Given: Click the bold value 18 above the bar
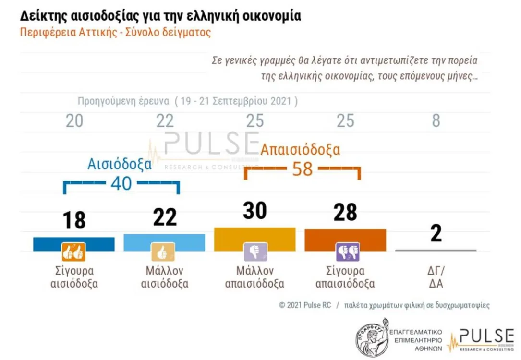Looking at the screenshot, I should (74, 220).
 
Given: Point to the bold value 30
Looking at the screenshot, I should (254, 211).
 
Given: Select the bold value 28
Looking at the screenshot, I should (345, 212).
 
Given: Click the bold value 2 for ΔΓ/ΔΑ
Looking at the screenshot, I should (436, 234).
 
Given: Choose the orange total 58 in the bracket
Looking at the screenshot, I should (303, 169).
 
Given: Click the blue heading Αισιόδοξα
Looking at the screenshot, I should (120, 164).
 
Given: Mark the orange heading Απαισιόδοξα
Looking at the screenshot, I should (300, 149).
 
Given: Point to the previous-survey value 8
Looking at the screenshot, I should (436, 121).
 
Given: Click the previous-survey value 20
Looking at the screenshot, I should (74, 121).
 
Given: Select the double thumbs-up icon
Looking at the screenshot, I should (73, 252).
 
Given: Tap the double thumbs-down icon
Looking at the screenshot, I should (347, 252).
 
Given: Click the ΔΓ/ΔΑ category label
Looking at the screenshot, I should (436, 277).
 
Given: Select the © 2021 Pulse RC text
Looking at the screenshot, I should (304, 305).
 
